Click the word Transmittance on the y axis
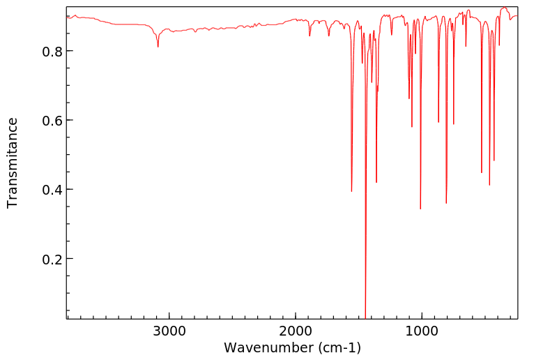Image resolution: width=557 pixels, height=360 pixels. [x=13, y=163]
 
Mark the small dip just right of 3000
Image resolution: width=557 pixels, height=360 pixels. [x=158, y=47]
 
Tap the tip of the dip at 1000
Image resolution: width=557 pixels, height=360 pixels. [x=420, y=209]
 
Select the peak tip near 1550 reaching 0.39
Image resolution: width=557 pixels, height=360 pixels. [x=351, y=191]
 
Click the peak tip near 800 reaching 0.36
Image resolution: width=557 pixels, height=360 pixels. [x=446, y=203]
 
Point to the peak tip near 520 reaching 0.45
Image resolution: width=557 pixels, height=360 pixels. [x=482, y=172]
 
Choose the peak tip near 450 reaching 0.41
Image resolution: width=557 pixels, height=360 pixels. [x=489, y=185]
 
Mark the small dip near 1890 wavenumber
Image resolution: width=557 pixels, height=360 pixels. [x=310, y=36]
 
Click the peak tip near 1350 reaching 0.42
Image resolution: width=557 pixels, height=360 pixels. [x=376, y=182]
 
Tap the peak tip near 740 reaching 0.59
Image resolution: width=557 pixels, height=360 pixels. [x=454, y=124]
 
